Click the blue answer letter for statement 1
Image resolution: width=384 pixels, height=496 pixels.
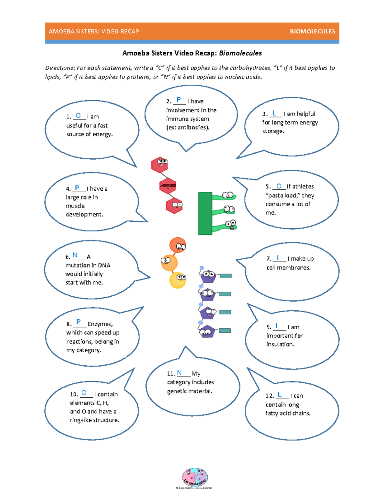pyautogui.click(x=78, y=115)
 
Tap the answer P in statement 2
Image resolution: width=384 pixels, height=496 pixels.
pyautogui.click(x=179, y=100)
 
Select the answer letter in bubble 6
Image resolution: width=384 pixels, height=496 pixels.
pyautogui.click(x=75, y=255)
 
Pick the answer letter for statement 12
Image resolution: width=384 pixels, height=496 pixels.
pyautogui.click(x=279, y=394)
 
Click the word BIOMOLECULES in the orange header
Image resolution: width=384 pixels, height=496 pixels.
pyautogui.click(x=312, y=31)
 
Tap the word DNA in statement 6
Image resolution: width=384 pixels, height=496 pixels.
pyautogui.click(x=104, y=265)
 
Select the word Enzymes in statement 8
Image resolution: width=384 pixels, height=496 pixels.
pyautogui.click(x=100, y=324)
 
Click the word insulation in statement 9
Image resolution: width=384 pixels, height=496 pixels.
pyautogui.click(x=280, y=344)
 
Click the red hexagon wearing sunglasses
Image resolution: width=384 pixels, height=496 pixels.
pyautogui.click(x=168, y=186)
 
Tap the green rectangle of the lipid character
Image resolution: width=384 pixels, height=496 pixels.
pyautogui.click(x=205, y=213)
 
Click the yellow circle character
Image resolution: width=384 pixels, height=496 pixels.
pyautogui.click(x=178, y=280)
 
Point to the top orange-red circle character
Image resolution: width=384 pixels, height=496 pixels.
pyautogui.click(x=178, y=245)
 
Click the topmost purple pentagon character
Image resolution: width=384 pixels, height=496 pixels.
pyautogui.click(x=208, y=275)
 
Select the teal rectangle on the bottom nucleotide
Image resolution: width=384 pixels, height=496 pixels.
pyautogui.click(x=225, y=331)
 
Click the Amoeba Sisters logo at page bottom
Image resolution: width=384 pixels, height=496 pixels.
pyautogui.click(x=195, y=477)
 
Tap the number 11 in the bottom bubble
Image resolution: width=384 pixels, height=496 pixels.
pyautogui.click(x=171, y=374)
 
